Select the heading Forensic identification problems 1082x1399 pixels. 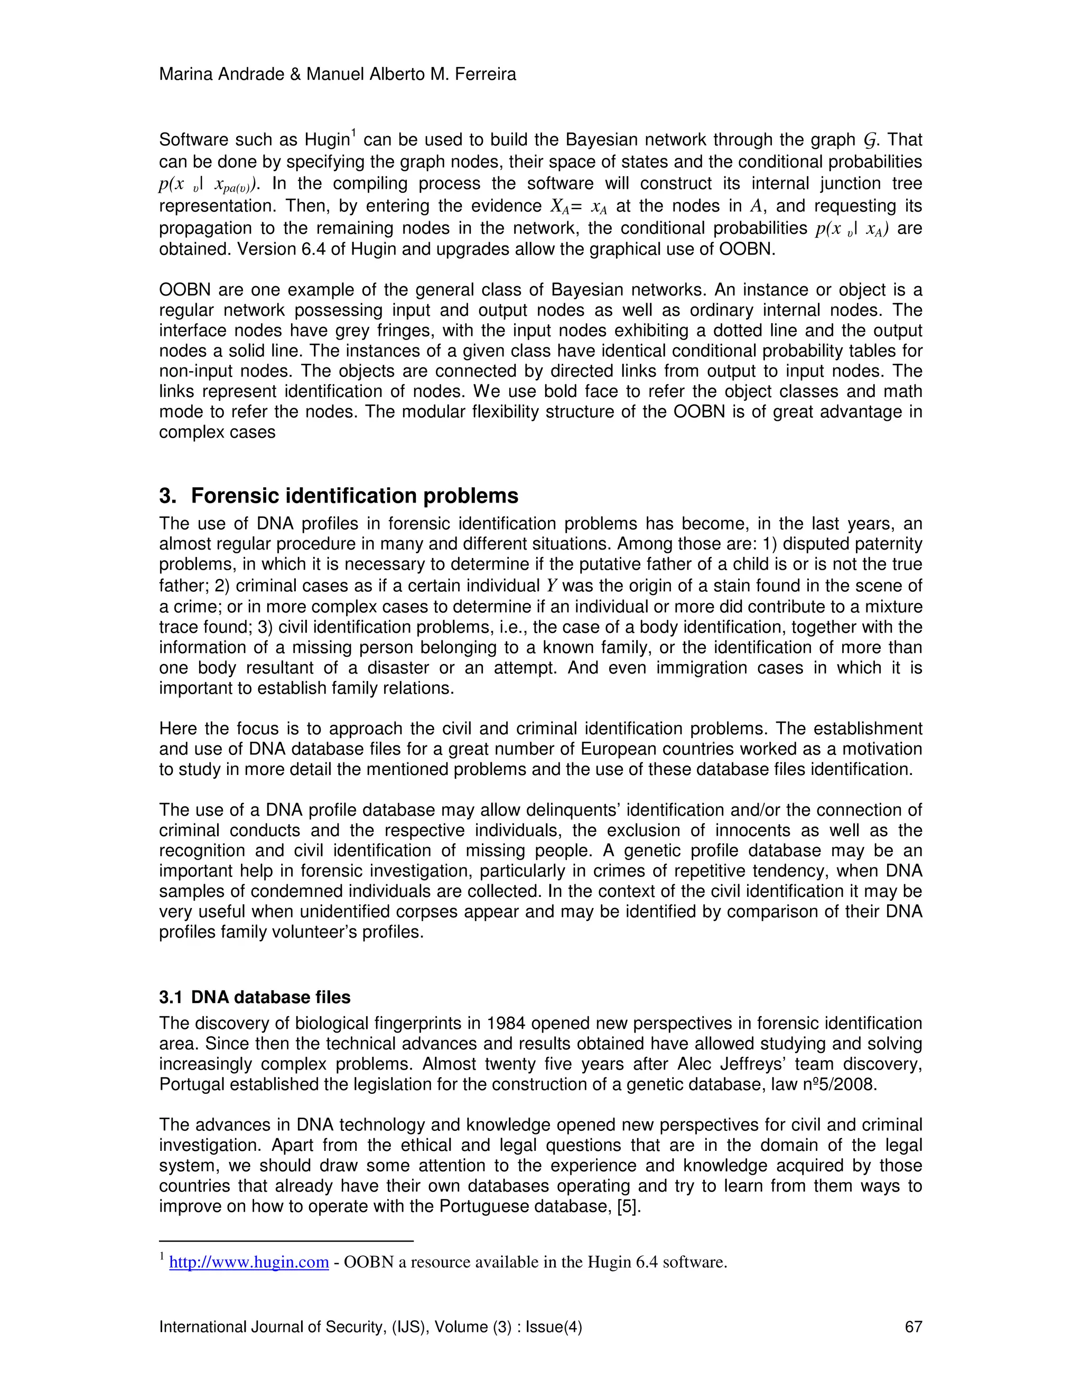[355, 496]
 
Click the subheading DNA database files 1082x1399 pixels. [270, 997]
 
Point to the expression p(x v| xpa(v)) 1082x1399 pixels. [208, 184]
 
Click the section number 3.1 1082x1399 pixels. [171, 997]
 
